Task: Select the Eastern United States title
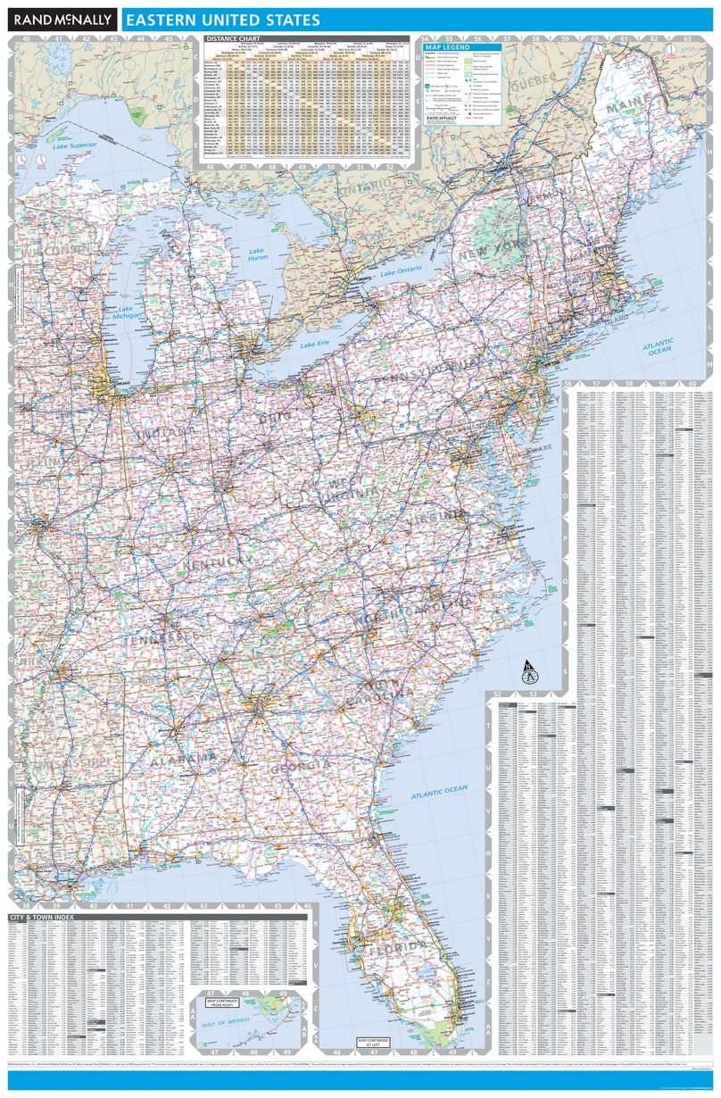223,19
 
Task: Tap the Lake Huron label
257,254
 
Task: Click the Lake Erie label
315,344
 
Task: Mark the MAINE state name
629,107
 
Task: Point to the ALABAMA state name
183,761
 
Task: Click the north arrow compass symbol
527,668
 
